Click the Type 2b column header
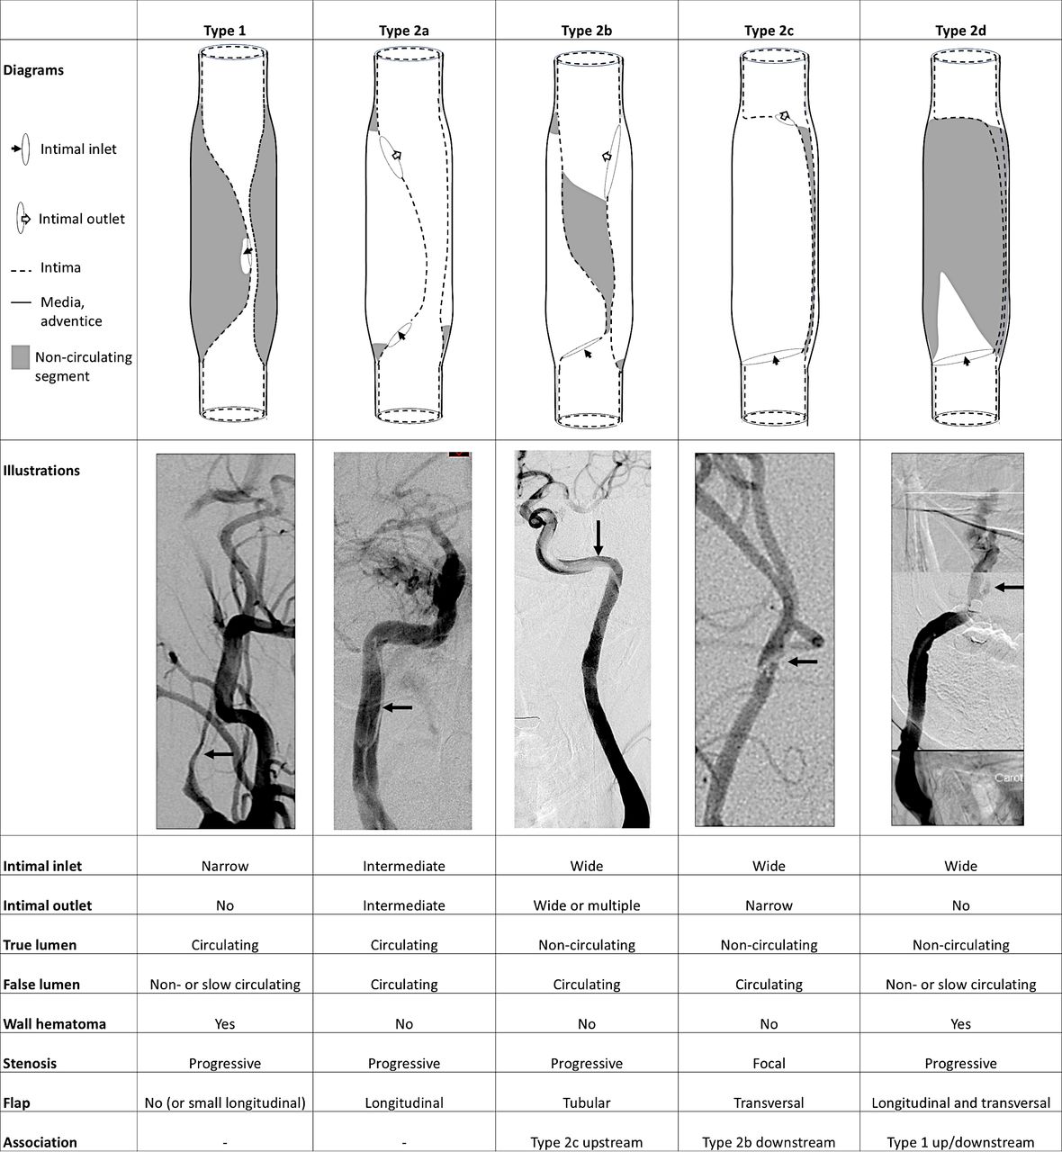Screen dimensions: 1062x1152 click(586, 31)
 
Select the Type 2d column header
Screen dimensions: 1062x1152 click(960, 31)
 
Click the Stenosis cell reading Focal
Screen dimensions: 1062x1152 click(769, 1063)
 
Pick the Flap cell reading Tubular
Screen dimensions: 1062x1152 click(586, 1102)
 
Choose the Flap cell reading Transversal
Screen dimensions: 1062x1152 click(769, 1102)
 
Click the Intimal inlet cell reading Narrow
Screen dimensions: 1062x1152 click(225, 866)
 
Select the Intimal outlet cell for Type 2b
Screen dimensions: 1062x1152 click(586, 905)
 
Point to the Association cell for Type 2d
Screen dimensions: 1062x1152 click(960, 1142)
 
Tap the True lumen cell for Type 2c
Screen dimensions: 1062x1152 click(769, 945)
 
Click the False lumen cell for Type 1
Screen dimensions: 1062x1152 click(225, 985)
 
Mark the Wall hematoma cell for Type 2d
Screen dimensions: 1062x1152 click(960, 1024)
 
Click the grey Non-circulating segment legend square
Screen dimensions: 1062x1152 click(21, 357)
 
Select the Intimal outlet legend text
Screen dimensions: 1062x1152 click(81, 219)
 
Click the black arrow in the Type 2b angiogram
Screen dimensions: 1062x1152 click(598, 537)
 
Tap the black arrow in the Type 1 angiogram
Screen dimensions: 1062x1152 click(219, 754)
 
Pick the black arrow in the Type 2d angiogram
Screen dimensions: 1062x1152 click(1009, 588)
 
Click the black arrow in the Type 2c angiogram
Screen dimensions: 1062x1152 click(803, 661)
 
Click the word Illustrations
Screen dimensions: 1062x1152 click(41, 471)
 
